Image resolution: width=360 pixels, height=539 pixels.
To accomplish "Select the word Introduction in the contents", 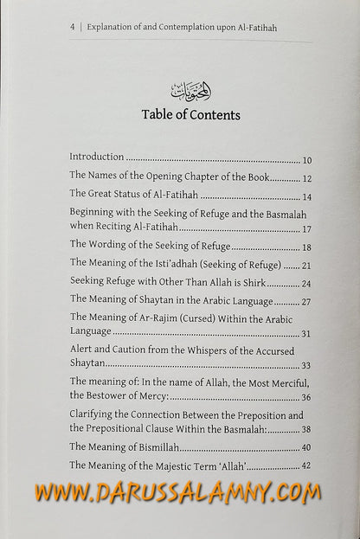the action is tap(97, 158).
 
